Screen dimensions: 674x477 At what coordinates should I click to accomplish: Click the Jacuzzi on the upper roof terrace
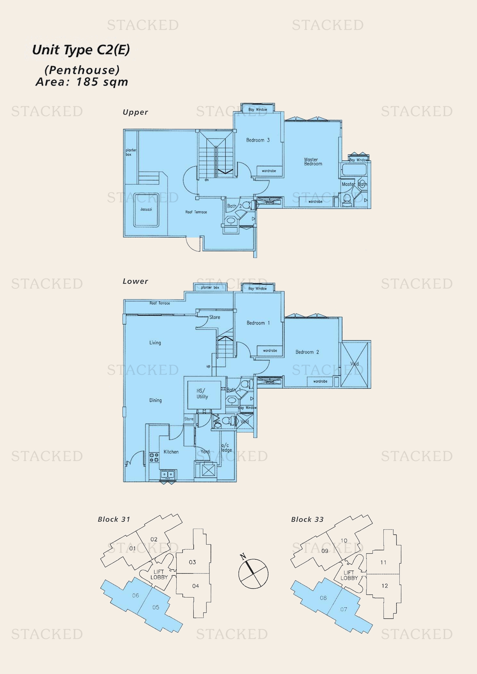(x=146, y=210)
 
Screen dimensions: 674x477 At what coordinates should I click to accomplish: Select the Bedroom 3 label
(x=258, y=140)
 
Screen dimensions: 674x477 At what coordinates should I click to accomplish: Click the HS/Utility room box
(x=202, y=394)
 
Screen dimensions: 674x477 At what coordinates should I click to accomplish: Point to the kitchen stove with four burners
(x=154, y=457)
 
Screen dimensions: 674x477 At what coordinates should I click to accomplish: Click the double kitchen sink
(x=168, y=474)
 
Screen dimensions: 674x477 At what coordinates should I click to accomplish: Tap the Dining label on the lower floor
(x=155, y=400)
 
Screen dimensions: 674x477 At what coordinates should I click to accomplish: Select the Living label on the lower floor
(x=155, y=343)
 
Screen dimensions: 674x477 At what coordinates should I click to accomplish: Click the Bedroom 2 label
(x=307, y=352)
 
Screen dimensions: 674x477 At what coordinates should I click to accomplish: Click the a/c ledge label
(x=226, y=448)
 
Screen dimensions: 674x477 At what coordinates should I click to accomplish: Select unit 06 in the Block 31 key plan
(x=136, y=595)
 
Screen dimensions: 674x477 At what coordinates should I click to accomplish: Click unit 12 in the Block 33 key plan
(x=385, y=586)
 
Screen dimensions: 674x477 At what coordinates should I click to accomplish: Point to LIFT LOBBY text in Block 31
(x=159, y=574)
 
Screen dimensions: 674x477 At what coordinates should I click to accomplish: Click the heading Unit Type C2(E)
(x=81, y=50)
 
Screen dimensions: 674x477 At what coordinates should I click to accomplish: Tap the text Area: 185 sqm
(x=82, y=82)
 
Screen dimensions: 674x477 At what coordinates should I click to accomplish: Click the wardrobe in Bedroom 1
(x=270, y=351)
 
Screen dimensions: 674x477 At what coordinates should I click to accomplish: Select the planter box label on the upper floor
(x=131, y=152)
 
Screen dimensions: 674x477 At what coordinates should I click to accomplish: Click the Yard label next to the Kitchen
(x=205, y=451)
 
